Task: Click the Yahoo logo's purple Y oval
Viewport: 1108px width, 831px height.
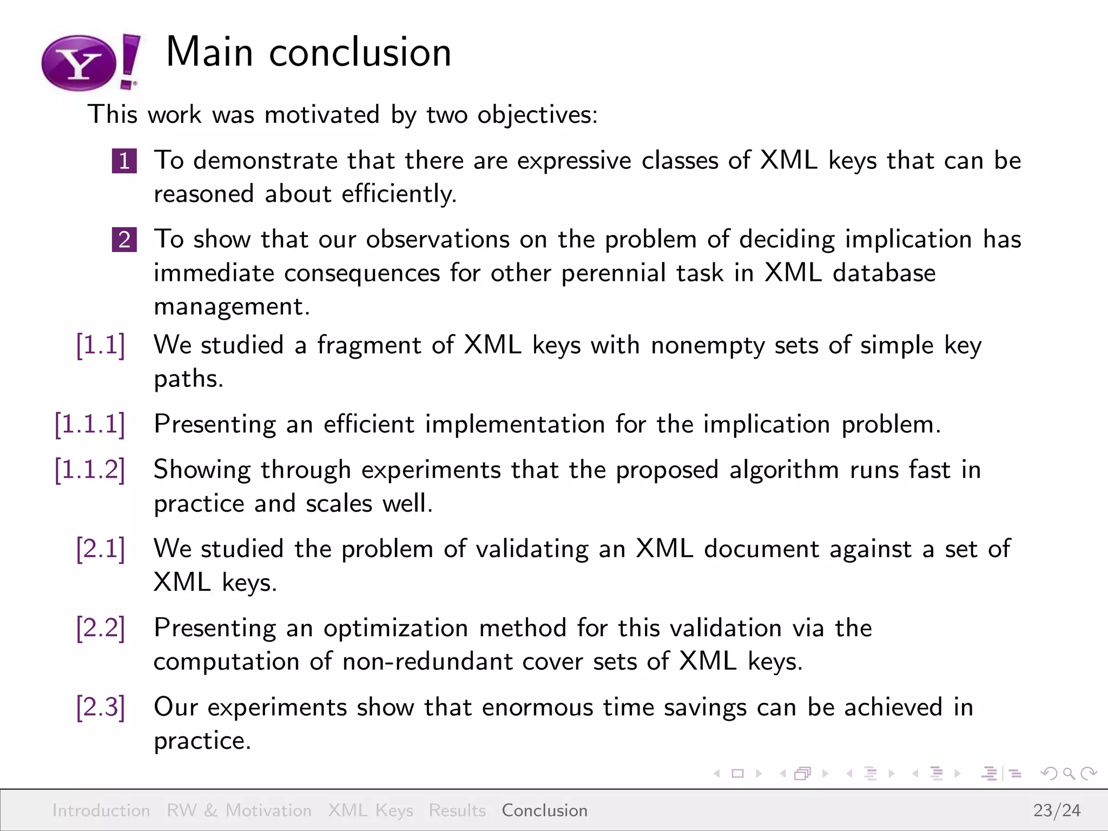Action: coord(79,64)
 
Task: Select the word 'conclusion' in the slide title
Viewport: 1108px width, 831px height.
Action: coord(360,52)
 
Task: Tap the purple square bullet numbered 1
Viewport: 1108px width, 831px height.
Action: coord(124,161)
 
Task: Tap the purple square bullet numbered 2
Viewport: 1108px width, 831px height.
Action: coord(124,240)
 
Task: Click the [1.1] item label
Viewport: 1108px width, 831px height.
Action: coord(101,345)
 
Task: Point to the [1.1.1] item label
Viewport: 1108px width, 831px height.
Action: coord(90,424)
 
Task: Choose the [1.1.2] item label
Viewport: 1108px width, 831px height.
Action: coord(90,470)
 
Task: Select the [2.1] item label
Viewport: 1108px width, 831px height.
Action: coord(101,549)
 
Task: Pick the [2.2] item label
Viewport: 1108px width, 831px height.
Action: coord(101,628)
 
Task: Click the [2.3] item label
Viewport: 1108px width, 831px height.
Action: coord(101,707)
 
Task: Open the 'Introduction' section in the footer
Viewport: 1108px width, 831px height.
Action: coord(101,810)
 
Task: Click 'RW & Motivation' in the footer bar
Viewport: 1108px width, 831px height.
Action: coord(239,810)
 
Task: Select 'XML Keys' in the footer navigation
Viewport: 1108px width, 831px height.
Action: coord(371,810)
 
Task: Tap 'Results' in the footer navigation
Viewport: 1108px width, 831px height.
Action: coord(457,810)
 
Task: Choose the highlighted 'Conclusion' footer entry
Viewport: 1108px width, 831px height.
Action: coord(544,810)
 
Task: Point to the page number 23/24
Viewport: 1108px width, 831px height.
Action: coord(1057,810)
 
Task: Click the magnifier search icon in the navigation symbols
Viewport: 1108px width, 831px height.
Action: coord(1069,774)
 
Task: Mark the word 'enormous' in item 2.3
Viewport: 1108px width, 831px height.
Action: coord(537,707)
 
